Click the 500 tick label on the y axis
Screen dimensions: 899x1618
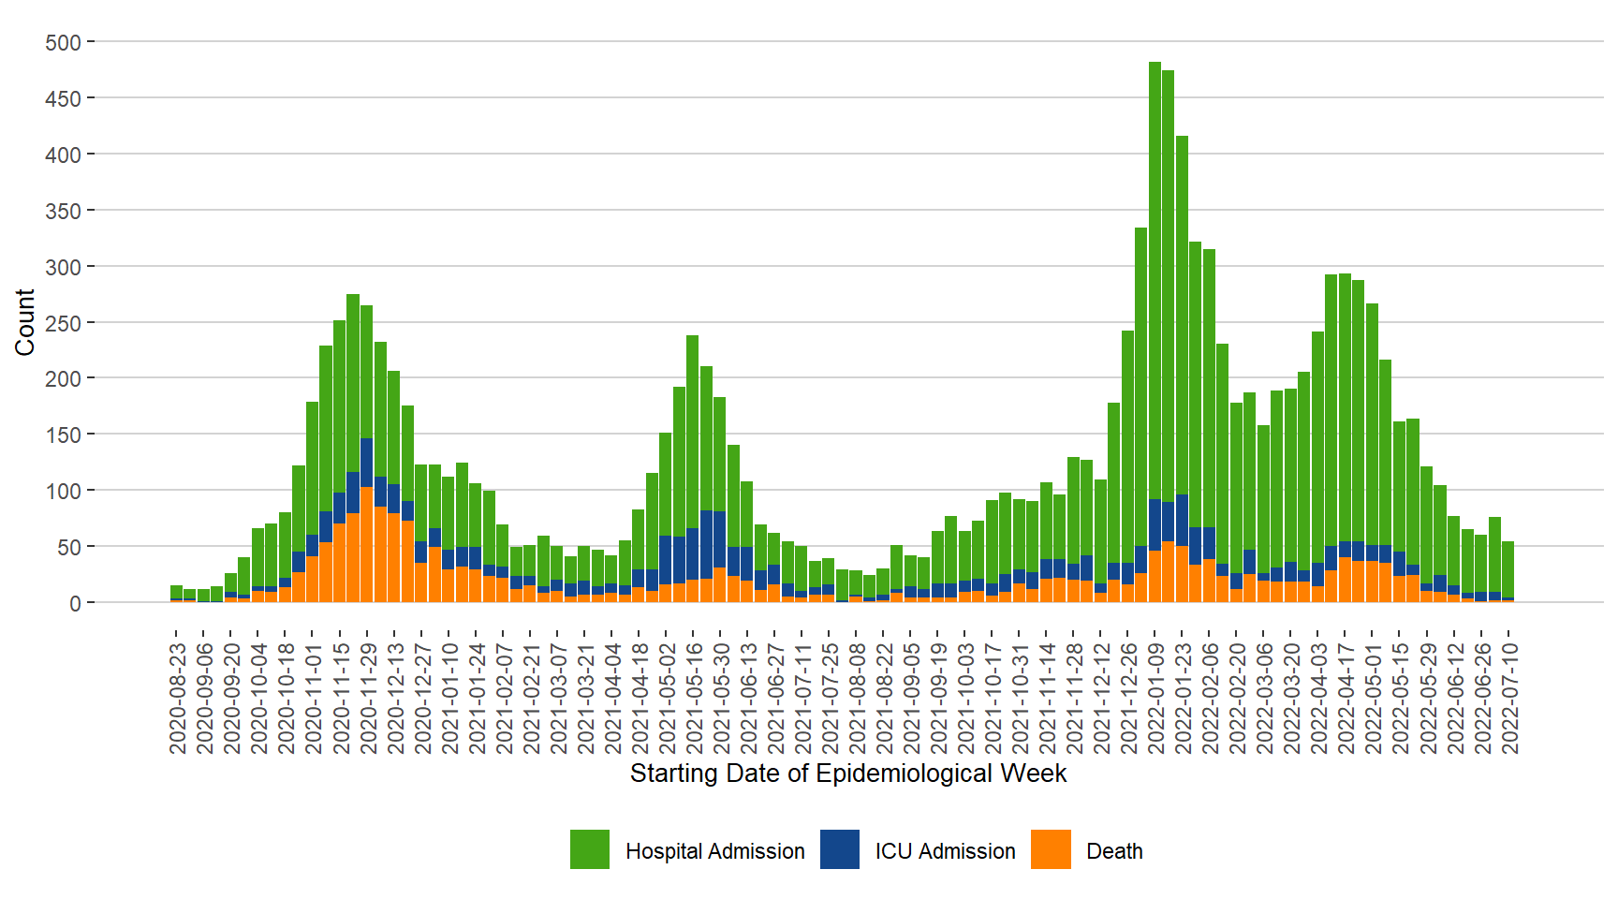coord(64,43)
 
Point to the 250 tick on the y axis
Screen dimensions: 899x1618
coord(64,323)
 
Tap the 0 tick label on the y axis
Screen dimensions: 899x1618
coord(75,603)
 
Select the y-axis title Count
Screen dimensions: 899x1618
coord(25,322)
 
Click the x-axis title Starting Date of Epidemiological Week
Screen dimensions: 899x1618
coord(848,774)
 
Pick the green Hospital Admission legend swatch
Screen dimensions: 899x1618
coord(590,849)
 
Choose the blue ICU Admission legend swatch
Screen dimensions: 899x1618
coord(840,849)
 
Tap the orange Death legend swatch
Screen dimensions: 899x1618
coord(1051,849)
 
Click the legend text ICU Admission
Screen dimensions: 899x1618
coord(945,851)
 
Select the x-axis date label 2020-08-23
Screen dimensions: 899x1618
coord(177,698)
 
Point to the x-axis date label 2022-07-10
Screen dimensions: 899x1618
coord(1509,698)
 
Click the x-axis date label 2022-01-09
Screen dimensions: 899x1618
coord(1155,698)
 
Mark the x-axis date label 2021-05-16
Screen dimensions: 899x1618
coord(694,698)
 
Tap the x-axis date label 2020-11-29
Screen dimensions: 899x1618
coord(367,698)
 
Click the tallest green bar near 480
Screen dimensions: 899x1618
coord(1155,281)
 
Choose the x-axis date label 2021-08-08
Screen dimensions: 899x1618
coord(857,698)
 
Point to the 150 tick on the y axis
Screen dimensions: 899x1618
coord(64,435)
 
